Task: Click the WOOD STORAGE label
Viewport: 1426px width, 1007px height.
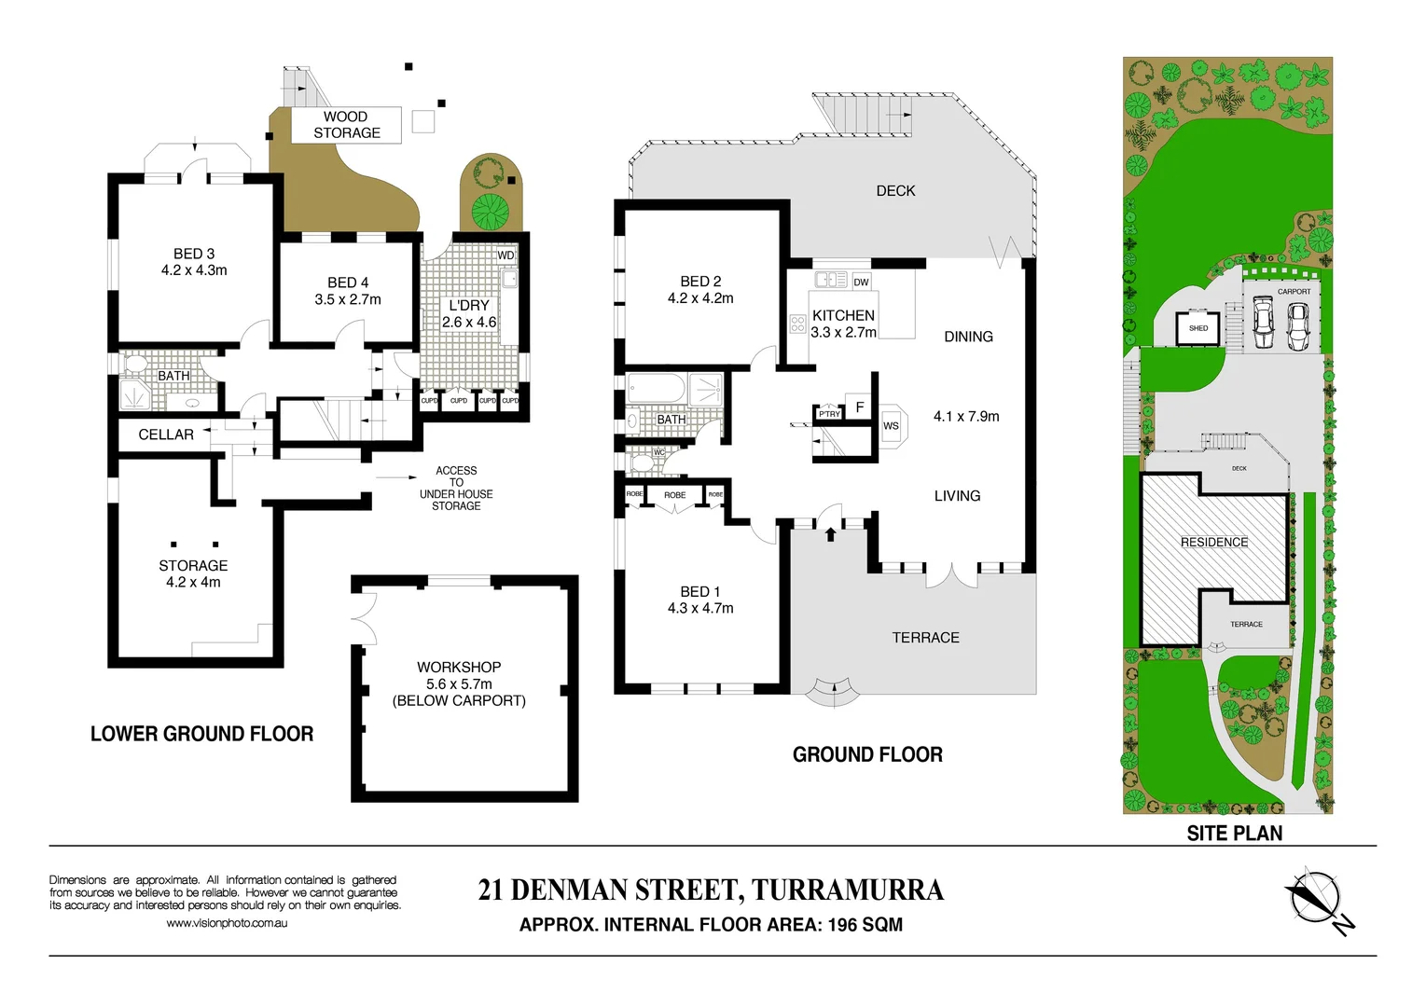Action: [346, 125]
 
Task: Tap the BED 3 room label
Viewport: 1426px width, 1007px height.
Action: [194, 254]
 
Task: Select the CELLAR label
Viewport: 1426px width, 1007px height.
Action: [166, 435]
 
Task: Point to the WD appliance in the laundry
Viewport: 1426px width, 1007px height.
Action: [505, 255]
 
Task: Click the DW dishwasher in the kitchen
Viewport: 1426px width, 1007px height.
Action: [861, 282]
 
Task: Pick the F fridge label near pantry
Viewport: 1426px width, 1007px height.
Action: [860, 407]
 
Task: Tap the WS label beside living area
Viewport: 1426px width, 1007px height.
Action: [891, 426]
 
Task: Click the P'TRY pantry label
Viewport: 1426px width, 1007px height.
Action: [829, 414]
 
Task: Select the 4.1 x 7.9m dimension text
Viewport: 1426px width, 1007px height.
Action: [966, 417]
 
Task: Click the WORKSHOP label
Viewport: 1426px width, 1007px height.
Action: [459, 668]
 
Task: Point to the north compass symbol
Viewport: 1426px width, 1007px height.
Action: [1316, 899]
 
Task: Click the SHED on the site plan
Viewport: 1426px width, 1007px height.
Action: [1198, 328]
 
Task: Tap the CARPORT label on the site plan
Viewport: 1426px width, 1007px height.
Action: [1294, 292]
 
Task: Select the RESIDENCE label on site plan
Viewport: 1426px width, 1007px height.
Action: [1213, 543]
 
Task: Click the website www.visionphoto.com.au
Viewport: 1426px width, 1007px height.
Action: [227, 923]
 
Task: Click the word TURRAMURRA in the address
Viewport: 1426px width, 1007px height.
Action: [848, 890]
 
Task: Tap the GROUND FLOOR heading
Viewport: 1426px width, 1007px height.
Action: [867, 755]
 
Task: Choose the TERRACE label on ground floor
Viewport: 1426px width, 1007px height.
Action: [925, 638]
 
